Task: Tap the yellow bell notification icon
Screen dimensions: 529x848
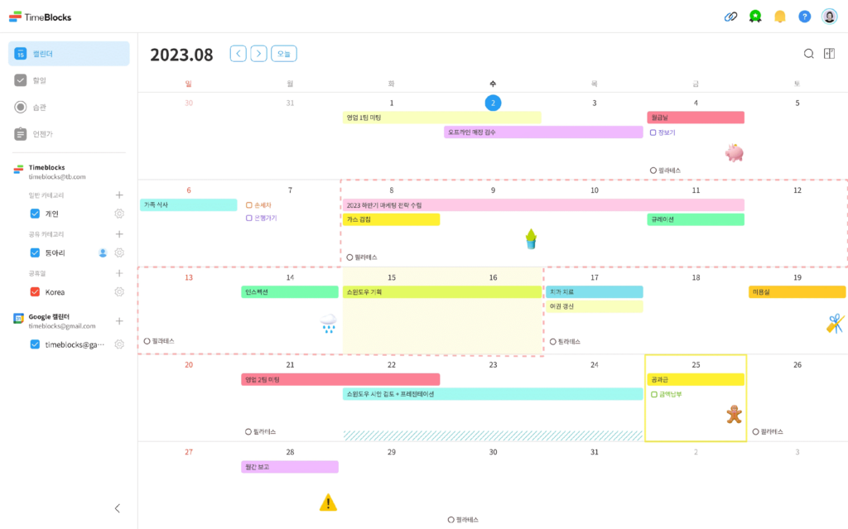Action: coord(779,17)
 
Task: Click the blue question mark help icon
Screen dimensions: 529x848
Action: coord(804,17)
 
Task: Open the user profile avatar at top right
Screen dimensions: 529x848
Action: coord(829,17)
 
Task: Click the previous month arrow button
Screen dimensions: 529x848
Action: coord(238,54)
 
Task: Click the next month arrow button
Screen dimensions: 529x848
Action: coord(259,54)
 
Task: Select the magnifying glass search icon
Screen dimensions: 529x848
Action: coord(808,54)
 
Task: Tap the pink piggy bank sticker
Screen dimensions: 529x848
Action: coord(734,152)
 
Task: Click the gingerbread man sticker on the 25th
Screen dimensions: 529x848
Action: coord(734,414)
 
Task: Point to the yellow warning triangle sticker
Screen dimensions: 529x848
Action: coord(329,502)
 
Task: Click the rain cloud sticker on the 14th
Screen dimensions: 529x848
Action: coord(328,323)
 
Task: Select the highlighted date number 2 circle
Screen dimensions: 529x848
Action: coord(493,103)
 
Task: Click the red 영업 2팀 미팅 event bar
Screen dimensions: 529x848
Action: coord(340,379)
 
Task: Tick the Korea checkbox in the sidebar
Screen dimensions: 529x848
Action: coord(35,291)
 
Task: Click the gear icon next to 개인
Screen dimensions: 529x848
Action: coord(119,214)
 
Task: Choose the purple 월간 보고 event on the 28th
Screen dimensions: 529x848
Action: coord(290,467)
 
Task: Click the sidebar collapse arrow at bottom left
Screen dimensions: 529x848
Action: coord(117,508)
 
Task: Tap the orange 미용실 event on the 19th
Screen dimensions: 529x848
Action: coord(797,292)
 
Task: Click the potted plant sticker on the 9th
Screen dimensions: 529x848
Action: coord(531,240)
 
